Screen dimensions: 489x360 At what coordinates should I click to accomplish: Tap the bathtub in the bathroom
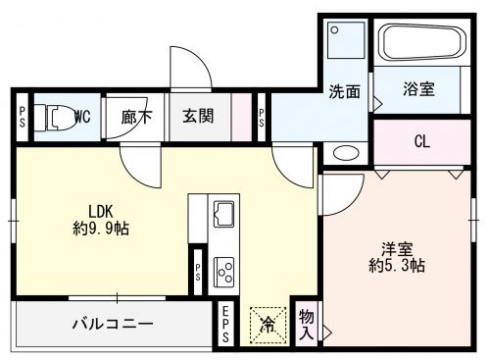(x=423, y=42)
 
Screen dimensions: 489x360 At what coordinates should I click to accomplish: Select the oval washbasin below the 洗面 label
(x=346, y=153)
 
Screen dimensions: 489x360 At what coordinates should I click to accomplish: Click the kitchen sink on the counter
(x=223, y=214)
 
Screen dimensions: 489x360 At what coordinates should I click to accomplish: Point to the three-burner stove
(x=223, y=271)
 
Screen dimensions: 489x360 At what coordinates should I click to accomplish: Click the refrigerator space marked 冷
(x=268, y=325)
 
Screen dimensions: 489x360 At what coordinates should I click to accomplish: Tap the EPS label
(x=225, y=324)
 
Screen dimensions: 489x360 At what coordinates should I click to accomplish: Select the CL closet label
(x=422, y=141)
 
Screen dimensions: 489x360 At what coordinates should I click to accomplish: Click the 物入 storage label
(x=307, y=325)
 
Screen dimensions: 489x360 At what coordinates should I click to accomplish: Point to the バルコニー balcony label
(x=113, y=324)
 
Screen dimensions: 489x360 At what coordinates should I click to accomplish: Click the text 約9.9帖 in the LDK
(x=101, y=229)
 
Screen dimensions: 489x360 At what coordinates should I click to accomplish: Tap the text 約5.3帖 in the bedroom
(x=397, y=265)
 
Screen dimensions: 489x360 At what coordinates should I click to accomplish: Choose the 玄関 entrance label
(x=198, y=117)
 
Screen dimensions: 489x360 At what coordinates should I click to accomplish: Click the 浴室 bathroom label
(x=418, y=89)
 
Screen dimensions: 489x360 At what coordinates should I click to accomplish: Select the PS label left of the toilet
(x=23, y=117)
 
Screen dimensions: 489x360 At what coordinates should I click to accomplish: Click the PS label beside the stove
(x=198, y=272)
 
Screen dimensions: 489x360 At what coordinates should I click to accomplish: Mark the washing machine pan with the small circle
(x=346, y=40)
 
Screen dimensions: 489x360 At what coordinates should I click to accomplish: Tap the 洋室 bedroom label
(x=397, y=249)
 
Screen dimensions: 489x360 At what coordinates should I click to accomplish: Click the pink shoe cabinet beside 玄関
(x=241, y=117)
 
